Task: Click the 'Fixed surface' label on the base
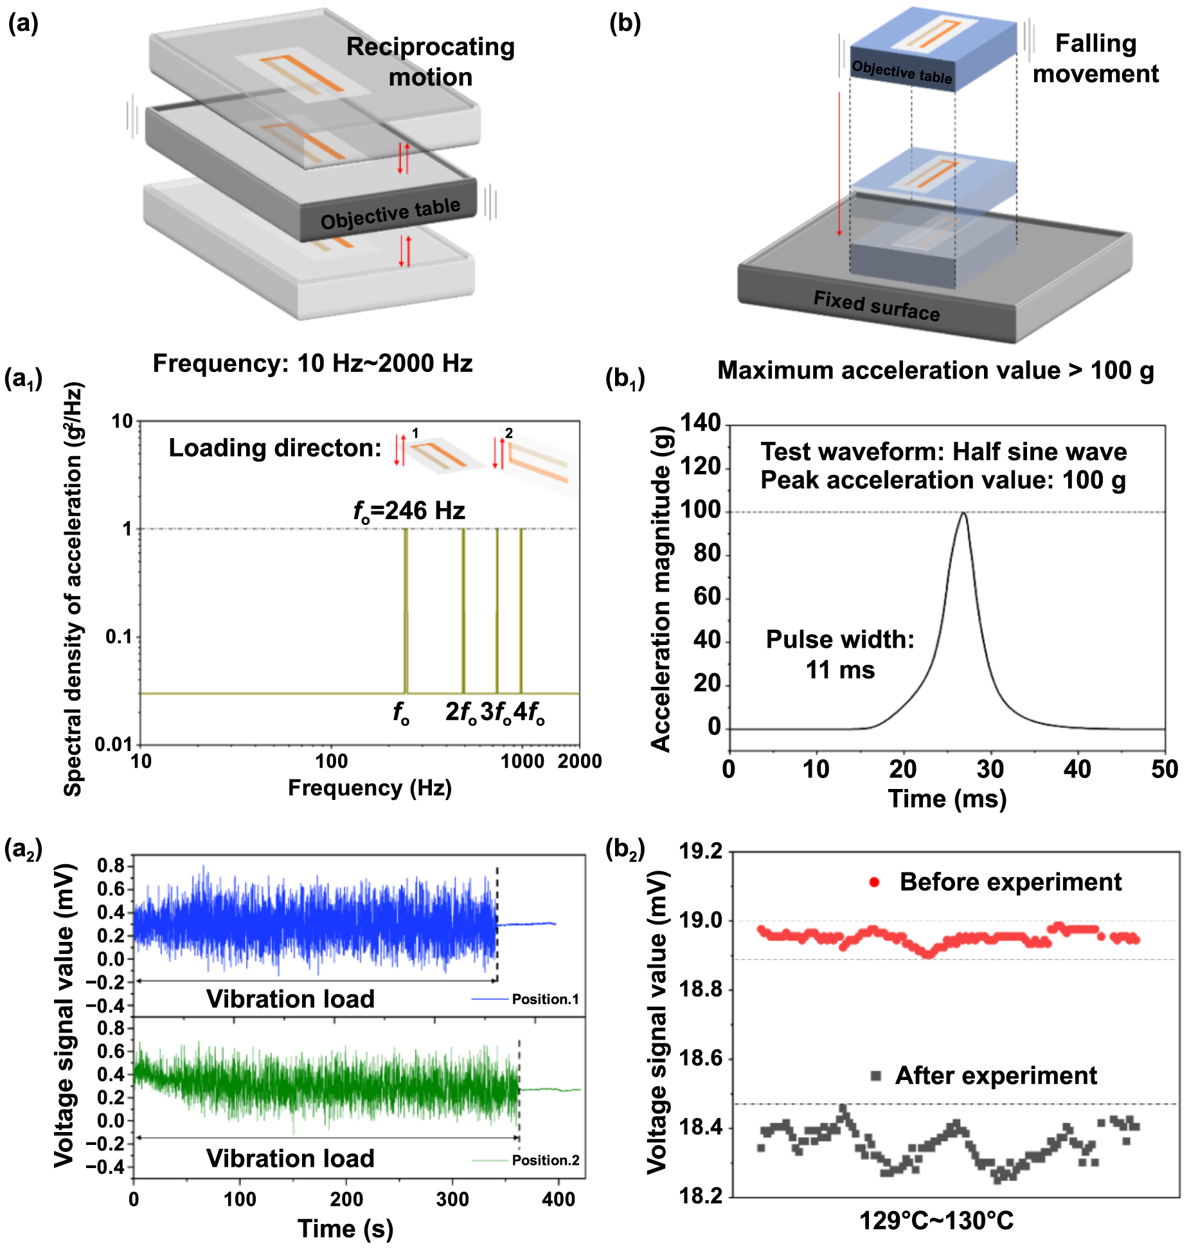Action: [x=876, y=306]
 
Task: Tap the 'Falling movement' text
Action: [x=1095, y=58]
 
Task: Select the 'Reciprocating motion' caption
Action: [x=431, y=62]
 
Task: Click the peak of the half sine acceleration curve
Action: [x=963, y=513]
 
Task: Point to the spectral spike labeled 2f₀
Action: [x=463, y=610]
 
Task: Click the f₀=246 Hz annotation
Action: [x=409, y=511]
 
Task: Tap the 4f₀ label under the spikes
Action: [x=529, y=713]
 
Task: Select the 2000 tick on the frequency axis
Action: [x=579, y=761]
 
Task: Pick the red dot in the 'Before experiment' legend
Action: [x=874, y=882]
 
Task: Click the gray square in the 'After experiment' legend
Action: [x=875, y=1076]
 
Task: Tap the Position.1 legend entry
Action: [x=526, y=999]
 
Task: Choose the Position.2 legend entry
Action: [x=526, y=1160]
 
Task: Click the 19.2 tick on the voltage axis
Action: [x=701, y=852]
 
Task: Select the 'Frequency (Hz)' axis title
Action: [x=370, y=788]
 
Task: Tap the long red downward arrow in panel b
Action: [x=839, y=164]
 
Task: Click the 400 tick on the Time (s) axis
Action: [x=559, y=1199]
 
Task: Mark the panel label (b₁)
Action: [x=625, y=379]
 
